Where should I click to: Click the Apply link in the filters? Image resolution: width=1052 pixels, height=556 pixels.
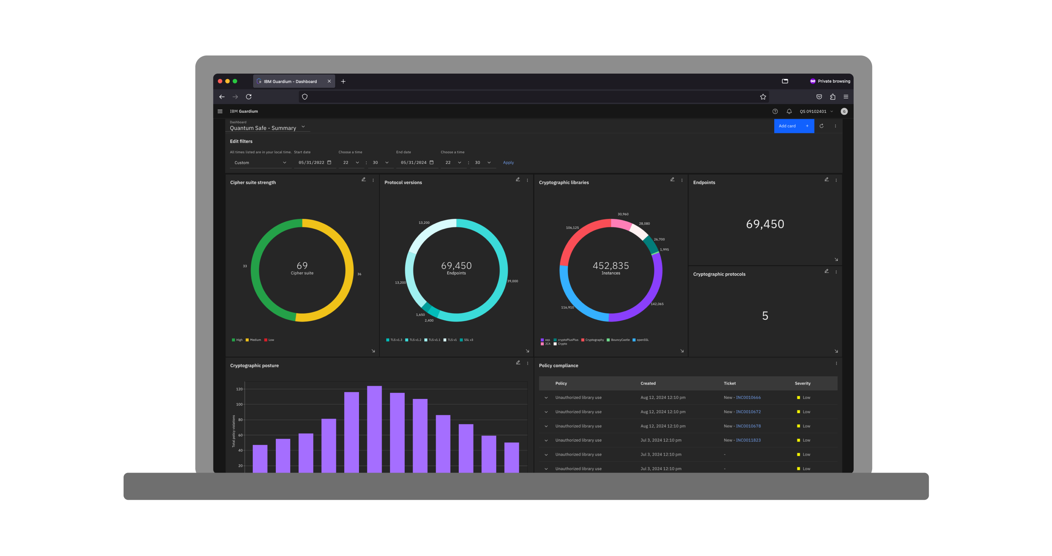(508, 163)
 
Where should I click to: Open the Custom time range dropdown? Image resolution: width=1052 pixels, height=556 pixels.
(260, 163)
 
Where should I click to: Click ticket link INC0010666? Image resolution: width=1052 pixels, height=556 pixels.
(748, 398)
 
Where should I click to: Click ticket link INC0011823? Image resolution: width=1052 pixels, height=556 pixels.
(748, 440)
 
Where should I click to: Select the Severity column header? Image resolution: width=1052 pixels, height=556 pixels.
(802, 384)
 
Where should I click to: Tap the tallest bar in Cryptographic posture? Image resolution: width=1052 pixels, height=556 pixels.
(374, 428)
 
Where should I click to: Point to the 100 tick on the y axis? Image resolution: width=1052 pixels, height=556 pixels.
(239, 405)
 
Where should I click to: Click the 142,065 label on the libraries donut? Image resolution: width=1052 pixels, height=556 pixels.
(657, 304)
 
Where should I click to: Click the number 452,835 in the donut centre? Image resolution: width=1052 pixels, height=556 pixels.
(611, 266)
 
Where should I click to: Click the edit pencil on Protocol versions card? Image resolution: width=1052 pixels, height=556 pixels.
(517, 180)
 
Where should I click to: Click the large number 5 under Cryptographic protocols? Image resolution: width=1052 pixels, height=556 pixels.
(765, 316)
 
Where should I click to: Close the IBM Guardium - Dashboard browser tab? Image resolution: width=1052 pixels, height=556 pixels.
(329, 81)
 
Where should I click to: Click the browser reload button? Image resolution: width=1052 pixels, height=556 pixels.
(249, 97)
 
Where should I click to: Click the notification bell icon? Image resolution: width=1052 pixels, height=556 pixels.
(789, 111)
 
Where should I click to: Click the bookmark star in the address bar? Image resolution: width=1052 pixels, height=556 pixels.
(763, 97)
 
